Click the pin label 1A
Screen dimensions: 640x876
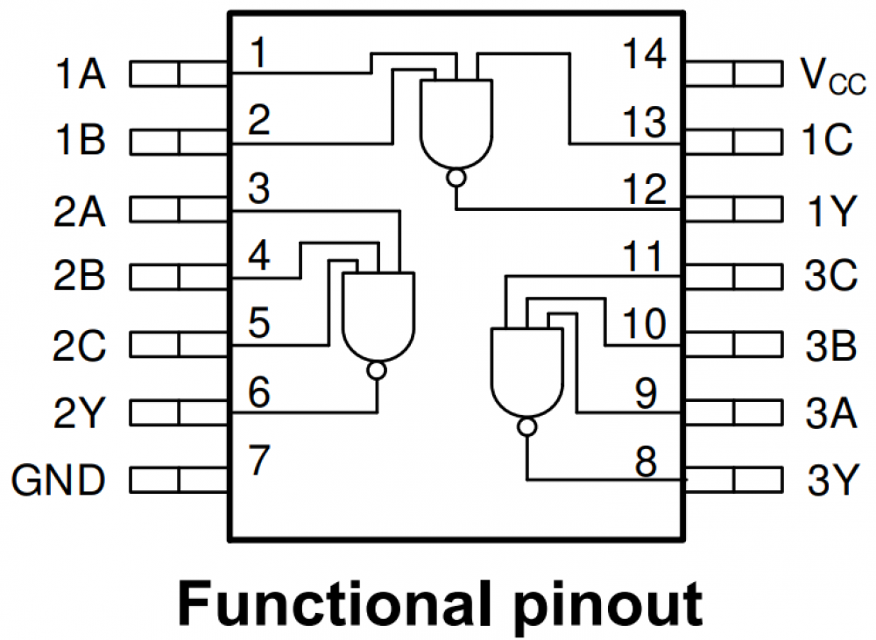click(x=80, y=74)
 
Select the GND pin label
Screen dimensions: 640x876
click(x=59, y=480)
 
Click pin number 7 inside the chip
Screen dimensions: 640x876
click(x=258, y=461)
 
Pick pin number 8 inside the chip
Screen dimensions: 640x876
click(x=646, y=462)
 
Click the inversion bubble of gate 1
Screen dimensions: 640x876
click(x=456, y=179)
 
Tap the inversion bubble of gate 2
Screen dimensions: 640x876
click(x=377, y=370)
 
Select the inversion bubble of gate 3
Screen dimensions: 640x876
click(x=526, y=427)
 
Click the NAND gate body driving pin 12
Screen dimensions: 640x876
click(x=456, y=123)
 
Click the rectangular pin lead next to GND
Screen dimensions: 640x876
click(x=179, y=480)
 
